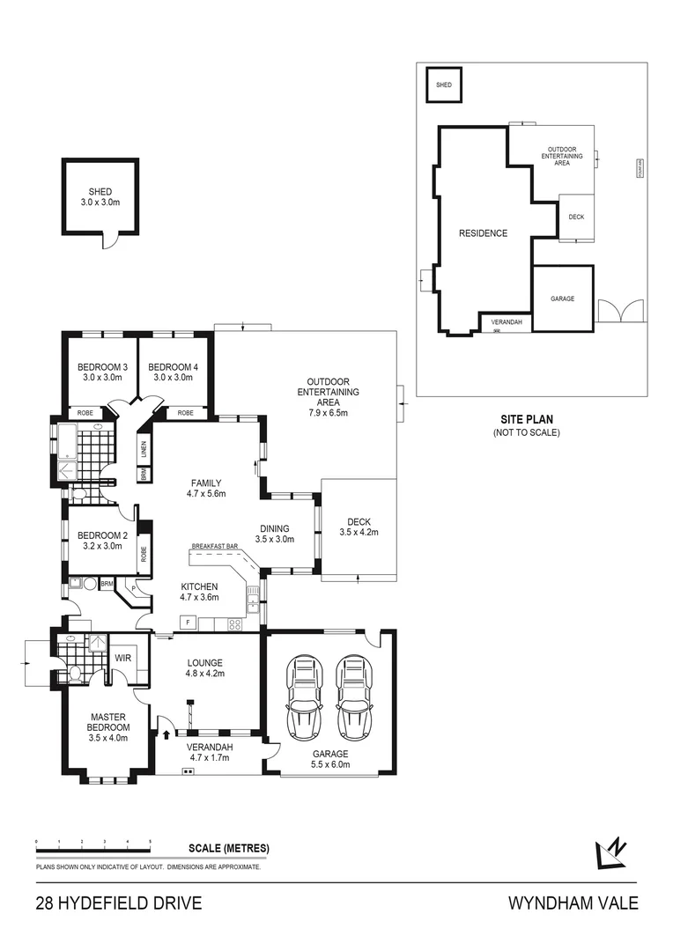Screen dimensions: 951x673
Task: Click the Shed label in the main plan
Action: pos(100,197)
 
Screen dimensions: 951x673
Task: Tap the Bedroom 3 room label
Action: pos(102,372)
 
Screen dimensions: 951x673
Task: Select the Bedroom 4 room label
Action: pos(173,372)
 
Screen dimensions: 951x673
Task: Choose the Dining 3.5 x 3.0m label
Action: pos(272,534)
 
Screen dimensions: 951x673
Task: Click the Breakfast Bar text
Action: pos(215,547)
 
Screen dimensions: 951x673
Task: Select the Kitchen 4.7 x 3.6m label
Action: pos(198,591)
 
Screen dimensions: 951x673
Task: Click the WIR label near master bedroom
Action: pos(122,657)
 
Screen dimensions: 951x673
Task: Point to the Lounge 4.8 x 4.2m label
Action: pos(204,667)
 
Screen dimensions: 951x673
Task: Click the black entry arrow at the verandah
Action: pos(166,734)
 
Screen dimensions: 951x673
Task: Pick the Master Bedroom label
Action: pos(108,727)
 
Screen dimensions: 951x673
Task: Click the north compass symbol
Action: pos(611,851)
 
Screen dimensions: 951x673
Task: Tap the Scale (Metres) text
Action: pos(229,849)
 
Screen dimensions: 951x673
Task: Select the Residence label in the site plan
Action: pos(483,233)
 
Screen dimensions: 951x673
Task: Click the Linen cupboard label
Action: pos(144,449)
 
